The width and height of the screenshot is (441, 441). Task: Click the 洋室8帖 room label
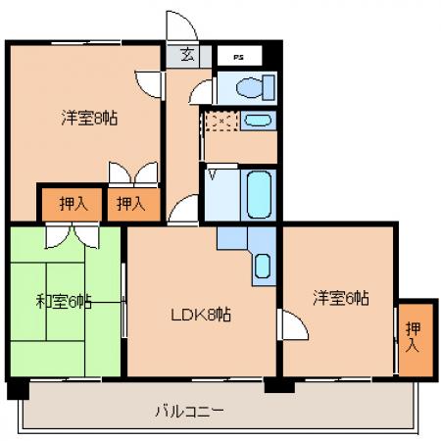pos(89,118)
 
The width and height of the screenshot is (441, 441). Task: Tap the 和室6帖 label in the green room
pos(64,301)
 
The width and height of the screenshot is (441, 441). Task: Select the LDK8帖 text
pos(201,315)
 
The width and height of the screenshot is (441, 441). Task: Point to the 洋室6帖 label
pos(341,298)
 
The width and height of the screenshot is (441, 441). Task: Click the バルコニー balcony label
pos(190,412)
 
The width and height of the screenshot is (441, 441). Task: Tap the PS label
pos(239,58)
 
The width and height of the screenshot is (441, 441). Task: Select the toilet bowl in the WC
pos(249,87)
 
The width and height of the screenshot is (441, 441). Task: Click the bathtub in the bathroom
pos(259,194)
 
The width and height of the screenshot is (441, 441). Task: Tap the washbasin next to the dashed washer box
pos(258,120)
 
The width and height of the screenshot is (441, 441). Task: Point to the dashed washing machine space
pos(221,122)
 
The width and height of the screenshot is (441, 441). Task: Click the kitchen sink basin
pos(263,266)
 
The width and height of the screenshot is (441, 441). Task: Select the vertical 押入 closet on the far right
pos(416,339)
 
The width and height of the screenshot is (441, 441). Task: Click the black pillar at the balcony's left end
pos(18,389)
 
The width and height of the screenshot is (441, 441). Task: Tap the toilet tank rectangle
pos(269,87)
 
